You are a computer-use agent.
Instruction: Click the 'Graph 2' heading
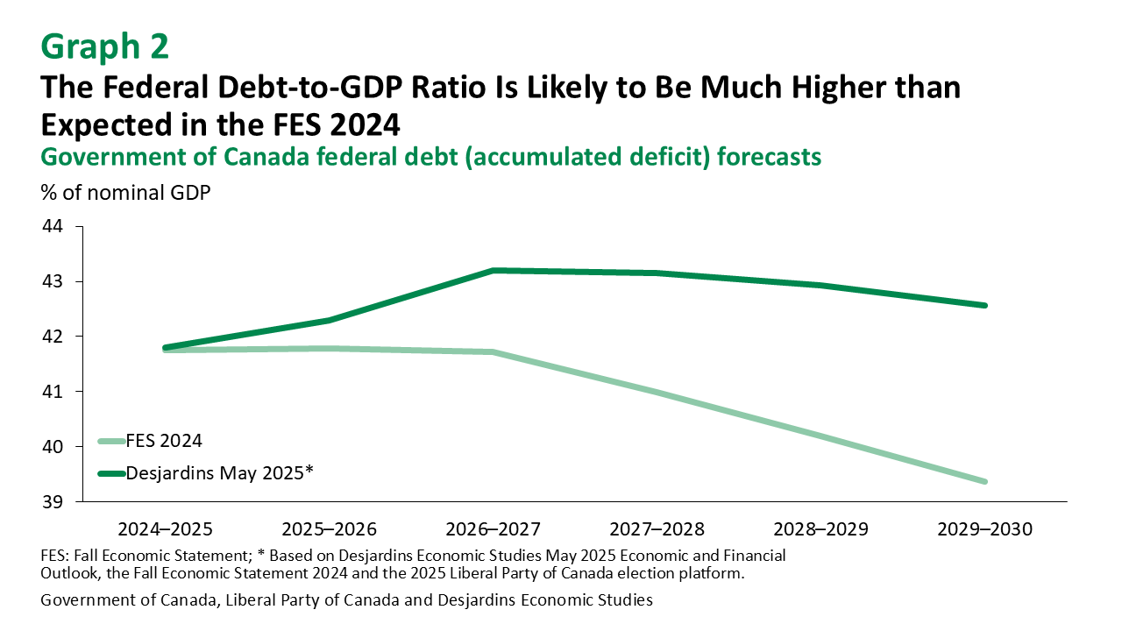104,46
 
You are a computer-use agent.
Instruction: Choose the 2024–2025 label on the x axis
165,529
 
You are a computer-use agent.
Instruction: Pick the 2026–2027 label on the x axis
494,529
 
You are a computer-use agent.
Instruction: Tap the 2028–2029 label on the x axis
821,529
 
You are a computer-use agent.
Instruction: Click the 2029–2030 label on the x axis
985,529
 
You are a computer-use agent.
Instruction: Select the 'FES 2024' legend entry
164,441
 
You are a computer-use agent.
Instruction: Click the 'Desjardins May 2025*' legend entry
219,472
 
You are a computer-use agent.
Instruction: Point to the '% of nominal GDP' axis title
125,193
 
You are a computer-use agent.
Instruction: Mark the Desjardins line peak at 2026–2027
494,271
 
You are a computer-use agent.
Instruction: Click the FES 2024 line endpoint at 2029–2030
985,481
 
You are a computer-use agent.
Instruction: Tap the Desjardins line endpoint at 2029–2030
985,305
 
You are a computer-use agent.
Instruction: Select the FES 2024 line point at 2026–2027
494,352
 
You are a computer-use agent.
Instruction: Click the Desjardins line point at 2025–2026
330,320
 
